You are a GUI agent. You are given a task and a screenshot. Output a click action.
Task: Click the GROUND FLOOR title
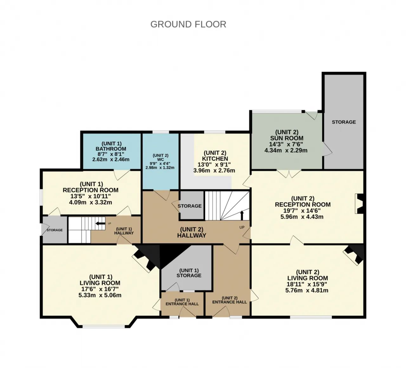(x=188, y=24)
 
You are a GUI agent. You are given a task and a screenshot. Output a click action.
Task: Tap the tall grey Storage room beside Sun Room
(x=344, y=122)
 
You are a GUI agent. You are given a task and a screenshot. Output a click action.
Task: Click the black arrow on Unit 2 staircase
(x=242, y=215)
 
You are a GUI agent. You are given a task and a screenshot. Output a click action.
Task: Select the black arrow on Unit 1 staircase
(x=100, y=224)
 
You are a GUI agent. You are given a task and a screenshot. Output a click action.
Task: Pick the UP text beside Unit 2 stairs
(x=242, y=227)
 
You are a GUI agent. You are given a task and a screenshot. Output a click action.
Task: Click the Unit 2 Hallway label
(x=192, y=232)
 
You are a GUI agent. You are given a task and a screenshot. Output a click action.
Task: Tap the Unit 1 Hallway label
(x=124, y=231)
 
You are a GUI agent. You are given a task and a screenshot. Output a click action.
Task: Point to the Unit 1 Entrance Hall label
(x=182, y=302)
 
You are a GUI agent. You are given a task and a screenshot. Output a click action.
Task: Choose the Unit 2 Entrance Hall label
(x=230, y=300)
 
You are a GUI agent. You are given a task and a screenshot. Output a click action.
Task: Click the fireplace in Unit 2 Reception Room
(x=359, y=204)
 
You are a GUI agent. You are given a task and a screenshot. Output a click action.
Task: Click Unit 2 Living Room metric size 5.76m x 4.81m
(x=307, y=291)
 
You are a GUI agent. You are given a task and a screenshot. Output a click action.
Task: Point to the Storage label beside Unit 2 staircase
(x=190, y=206)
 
